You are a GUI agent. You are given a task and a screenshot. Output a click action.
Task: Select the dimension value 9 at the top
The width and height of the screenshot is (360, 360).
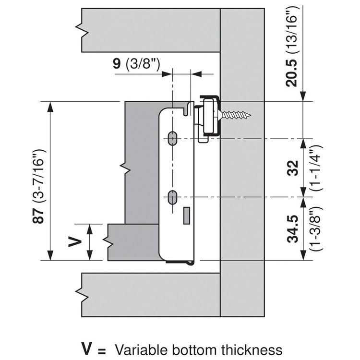pyautogui.click(x=117, y=64)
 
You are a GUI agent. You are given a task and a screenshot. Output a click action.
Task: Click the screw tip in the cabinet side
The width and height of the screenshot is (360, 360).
pyautogui.click(x=249, y=115)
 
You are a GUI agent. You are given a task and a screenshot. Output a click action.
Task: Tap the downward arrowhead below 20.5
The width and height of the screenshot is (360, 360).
pyautogui.click(x=303, y=97)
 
